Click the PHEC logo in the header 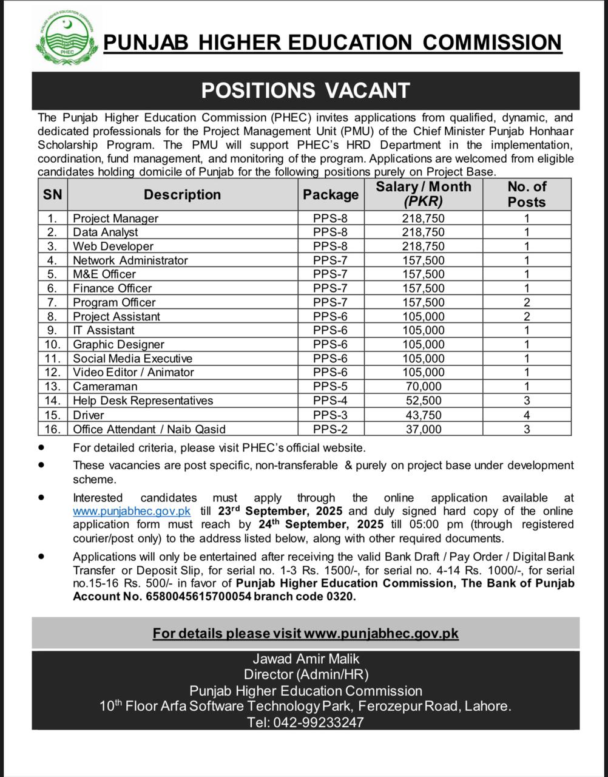point(66,40)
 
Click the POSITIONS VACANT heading point(305,90)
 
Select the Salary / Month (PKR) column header point(423,194)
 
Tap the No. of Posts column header point(527,194)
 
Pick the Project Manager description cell point(115,219)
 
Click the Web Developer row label point(113,246)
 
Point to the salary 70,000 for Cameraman point(423,387)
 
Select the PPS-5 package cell point(331,387)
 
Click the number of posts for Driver point(527,415)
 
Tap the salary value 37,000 point(423,429)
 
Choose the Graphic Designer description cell point(118,345)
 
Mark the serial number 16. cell point(52,429)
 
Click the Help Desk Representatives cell point(143,401)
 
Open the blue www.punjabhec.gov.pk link point(132,511)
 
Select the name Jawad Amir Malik point(305,659)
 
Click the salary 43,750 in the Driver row point(423,415)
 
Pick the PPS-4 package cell point(331,401)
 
